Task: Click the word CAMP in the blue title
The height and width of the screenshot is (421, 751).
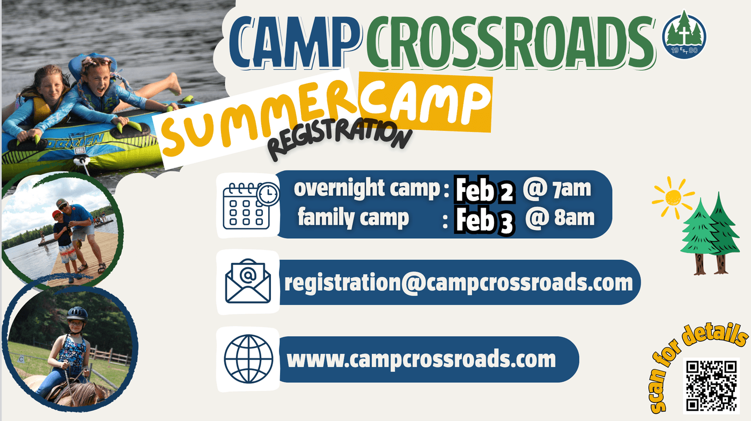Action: pos(295,42)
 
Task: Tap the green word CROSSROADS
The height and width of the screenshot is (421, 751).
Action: pos(510,42)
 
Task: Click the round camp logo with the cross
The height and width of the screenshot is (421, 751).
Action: pos(684,35)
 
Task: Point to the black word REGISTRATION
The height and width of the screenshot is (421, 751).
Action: pos(339,138)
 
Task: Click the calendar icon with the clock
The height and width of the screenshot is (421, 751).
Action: pos(251,206)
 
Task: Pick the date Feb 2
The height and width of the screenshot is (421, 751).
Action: pos(485,190)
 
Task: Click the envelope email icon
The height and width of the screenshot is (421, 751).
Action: pos(248,281)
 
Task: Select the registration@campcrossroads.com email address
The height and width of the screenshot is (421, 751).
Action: pos(458,283)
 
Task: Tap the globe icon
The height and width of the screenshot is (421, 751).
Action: pos(248,359)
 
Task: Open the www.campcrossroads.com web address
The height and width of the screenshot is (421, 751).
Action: pos(421,359)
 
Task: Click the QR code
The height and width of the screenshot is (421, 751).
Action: pos(711,386)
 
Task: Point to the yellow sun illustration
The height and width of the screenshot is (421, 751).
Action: pos(673,198)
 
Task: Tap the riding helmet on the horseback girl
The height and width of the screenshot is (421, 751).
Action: pos(77,314)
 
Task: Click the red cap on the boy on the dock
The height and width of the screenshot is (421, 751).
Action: pos(56,214)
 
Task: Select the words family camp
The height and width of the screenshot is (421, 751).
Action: pos(354,218)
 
